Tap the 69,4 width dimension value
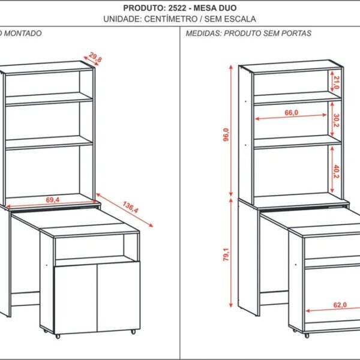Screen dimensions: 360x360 coord(53,200)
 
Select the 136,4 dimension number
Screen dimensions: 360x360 coord(130,208)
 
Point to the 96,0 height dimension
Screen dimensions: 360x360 coord(226,135)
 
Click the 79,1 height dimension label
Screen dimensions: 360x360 coord(226,254)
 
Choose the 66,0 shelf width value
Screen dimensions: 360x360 coord(292,113)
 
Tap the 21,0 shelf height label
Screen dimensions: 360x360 coord(337,83)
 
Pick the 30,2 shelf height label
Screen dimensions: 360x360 coord(337,121)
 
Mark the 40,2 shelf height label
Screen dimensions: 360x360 coord(337,172)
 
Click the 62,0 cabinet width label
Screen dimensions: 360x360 coord(340,305)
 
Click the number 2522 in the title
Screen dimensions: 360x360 coord(177,8)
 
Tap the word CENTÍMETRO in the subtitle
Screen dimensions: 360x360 coord(170,19)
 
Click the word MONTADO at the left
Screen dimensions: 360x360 coord(23,33)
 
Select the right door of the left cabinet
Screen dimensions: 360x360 coord(118,296)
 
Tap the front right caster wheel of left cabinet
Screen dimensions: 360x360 coord(133,332)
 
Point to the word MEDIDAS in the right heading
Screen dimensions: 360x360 coord(204,33)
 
